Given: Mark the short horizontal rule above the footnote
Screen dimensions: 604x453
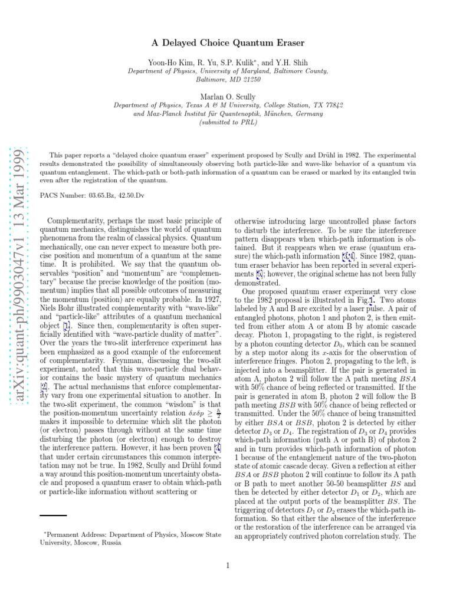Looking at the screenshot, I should pyautogui.click(x=52, y=516).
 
